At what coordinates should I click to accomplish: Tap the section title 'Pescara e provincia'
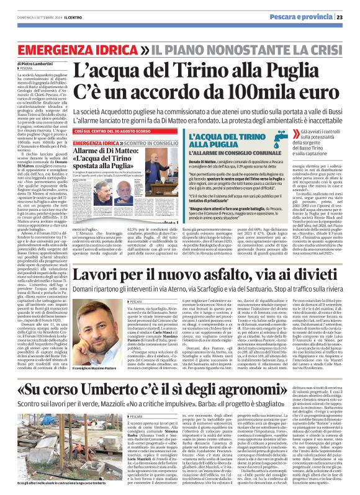(312, 17)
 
